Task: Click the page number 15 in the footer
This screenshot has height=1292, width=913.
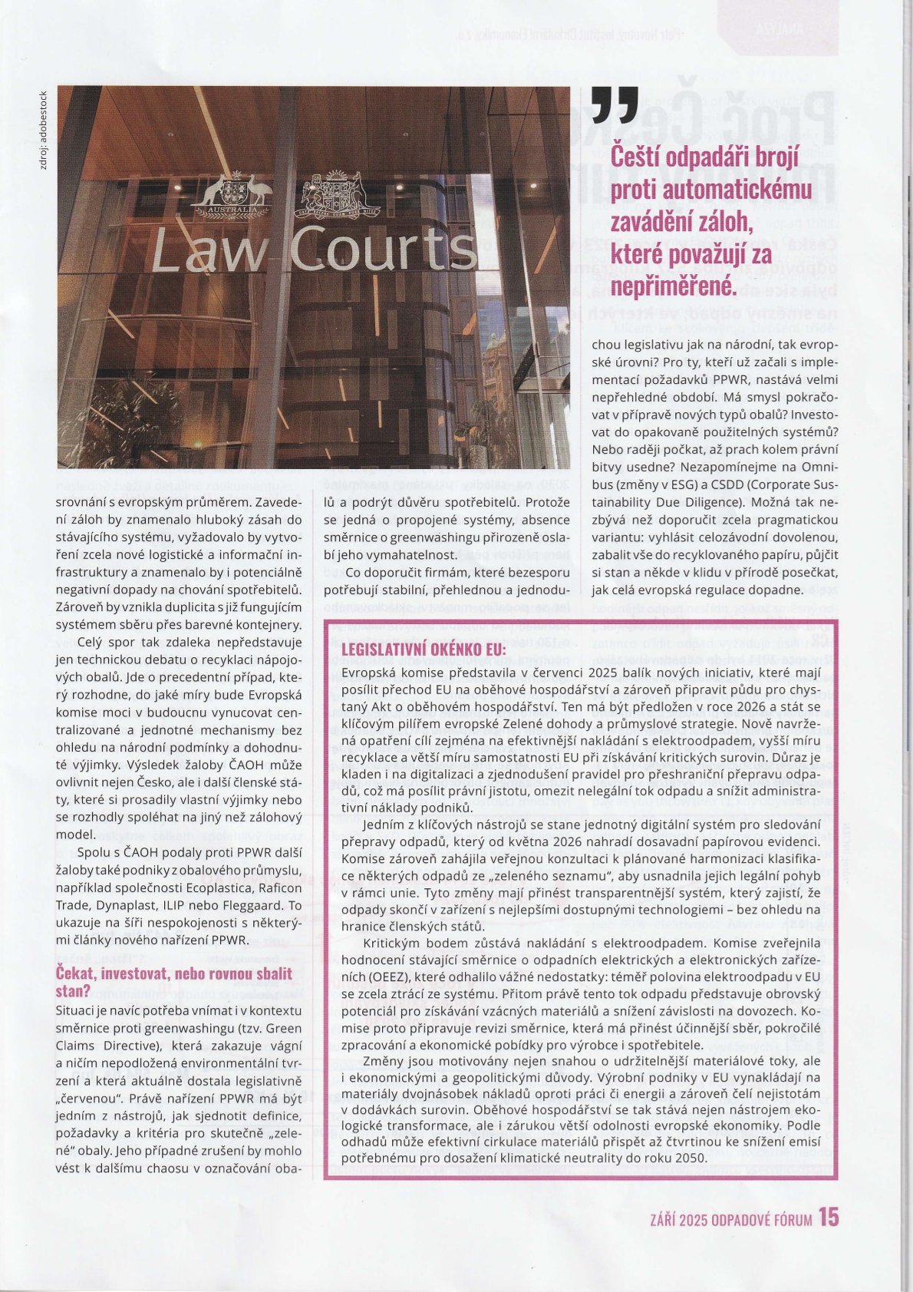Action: click(829, 1218)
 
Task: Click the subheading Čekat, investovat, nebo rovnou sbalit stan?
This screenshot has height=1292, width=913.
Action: click(175, 982)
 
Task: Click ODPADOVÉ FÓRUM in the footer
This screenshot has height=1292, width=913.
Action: click(762, 1219)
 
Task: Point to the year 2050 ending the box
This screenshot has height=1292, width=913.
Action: click(691, 1158)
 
